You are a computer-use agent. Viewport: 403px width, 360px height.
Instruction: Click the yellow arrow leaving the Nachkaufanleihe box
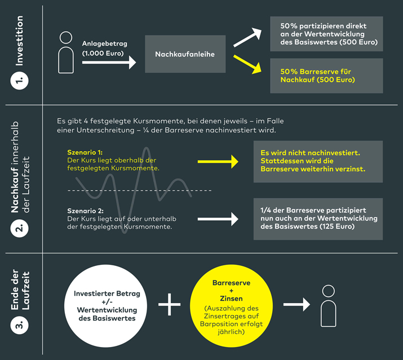(249, 64)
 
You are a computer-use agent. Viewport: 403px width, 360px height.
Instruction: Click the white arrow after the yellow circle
(297, 305)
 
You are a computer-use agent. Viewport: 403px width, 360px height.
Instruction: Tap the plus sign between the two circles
(169, 305)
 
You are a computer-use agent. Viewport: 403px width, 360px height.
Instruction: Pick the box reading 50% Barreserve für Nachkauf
(326, 75)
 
